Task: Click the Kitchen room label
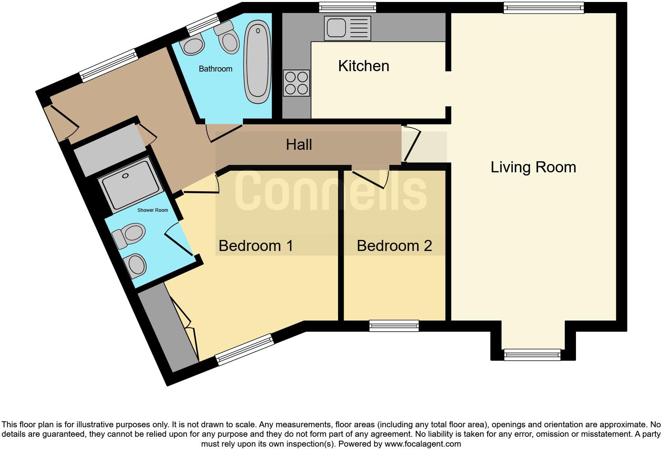(363, 66)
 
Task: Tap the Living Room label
(533, 167)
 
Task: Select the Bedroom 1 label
(256, 246)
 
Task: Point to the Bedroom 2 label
(394, 246)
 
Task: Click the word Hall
(299, 145)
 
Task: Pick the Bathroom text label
(215, 69)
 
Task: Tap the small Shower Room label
(153, 210)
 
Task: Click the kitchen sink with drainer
(347, 28)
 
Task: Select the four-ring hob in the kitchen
(296, 83)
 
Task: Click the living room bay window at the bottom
(532, 355)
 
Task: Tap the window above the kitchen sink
(347, 7)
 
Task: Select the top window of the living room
(544, 8)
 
